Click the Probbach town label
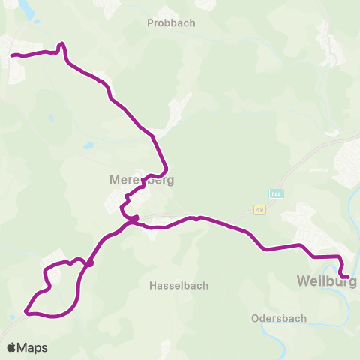[x=171, y=23]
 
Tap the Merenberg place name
[x=142, y=180]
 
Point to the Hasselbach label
[x=178, y=286]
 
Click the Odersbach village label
[x=278, y=318]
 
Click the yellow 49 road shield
[x=259, y=211]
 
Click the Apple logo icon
[x=12, y=348]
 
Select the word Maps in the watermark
[x=33, y=348]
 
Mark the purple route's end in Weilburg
[x=347, y=277]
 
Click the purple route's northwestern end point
[x=12, y=55]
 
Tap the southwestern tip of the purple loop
[x=26, y=310]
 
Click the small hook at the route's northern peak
[x=61, y=44]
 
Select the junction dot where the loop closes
[x=89, y=263]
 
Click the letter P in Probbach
[x=151, y=23]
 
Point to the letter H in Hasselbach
[x=153, y=286]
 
